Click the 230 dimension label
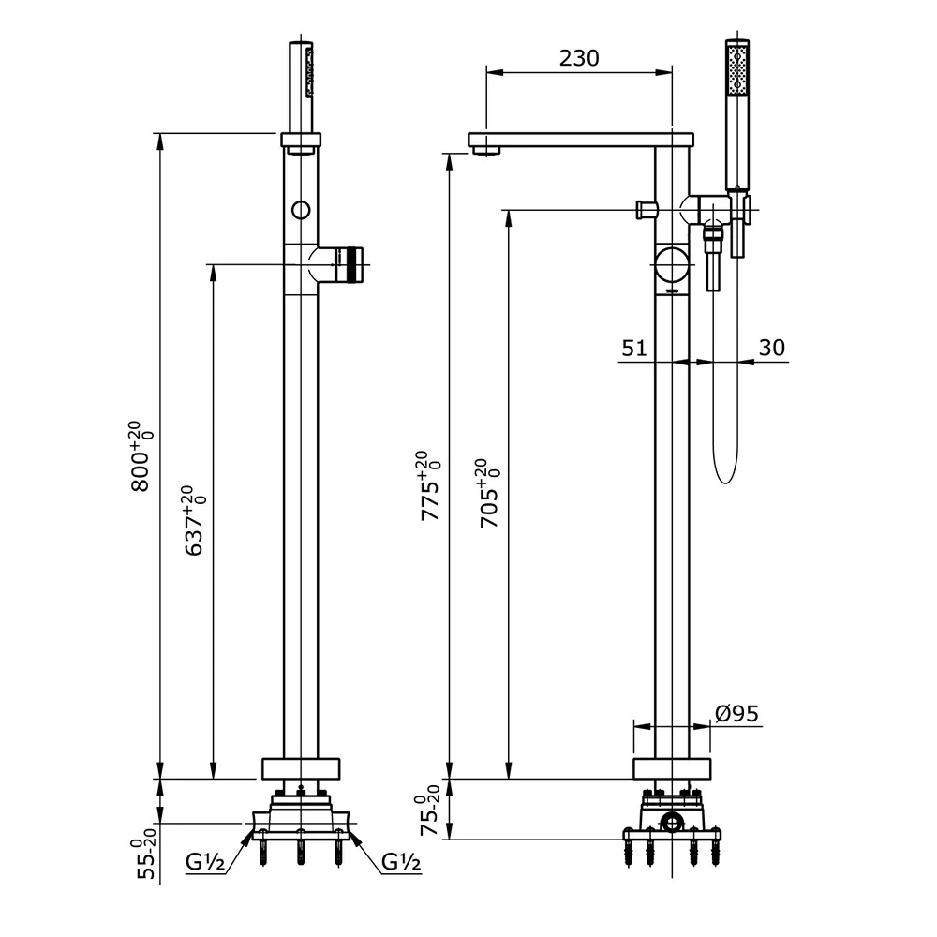click(x=579, y=57)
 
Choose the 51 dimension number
click(x=634, y=348)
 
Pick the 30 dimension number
click(x=771, y=348)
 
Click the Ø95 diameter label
click(x=737, y=713)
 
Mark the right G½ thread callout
click(x=400, y=861)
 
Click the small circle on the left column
click(x=300, y=209)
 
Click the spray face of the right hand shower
click(x=738, y=69)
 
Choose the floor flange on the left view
click(x=301, y=767)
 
